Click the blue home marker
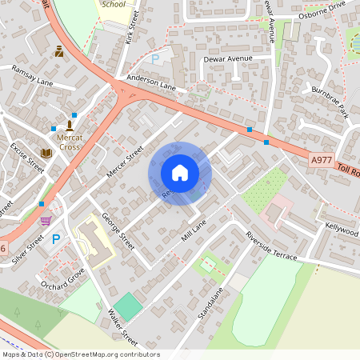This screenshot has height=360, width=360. pyautogui.click(x=180, y=173)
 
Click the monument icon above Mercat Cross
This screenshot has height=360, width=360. pyautogui.click(x=70, y=125)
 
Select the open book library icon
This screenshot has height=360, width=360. pyautogui.click(x=46, y=152)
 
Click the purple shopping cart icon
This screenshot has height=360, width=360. pyautogui.click(x=46, y=220)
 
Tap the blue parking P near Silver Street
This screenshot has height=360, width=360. pyautogui.click(x=55, y=239)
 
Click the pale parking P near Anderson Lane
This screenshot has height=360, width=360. pyautogui.click(x=155, y=59)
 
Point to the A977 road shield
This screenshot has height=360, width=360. pyautogui.click(x=321, y=160)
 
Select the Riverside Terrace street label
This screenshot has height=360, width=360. pyautogui.click(x=271, y=247)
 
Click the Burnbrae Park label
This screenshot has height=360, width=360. pyautogui.click(x=330, y=101)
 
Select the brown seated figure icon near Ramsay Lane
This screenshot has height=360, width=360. pyautogui.click(x=59, y=52)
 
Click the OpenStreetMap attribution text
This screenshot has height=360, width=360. pyautogui.click(x=81, y=354)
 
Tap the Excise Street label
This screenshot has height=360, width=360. pyautogui.click(x=27, y=158)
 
